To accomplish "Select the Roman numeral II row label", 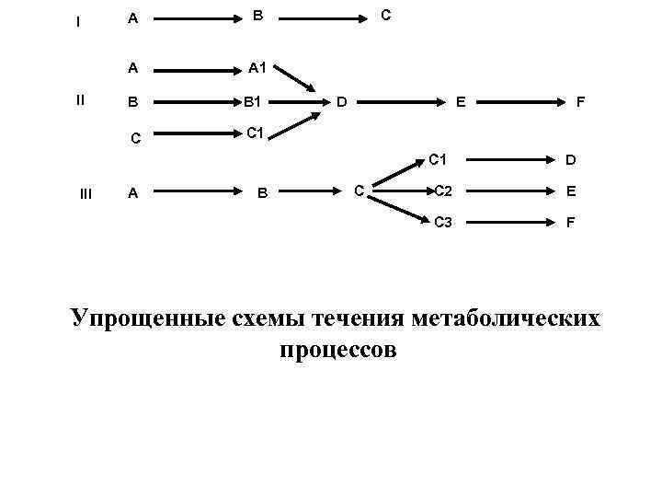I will (80, 100).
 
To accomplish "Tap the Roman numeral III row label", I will (86, 192).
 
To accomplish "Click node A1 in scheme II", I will (257, 67).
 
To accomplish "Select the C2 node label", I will (443, 191).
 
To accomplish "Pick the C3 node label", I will (443, 222).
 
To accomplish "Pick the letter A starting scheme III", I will (133, 192).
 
